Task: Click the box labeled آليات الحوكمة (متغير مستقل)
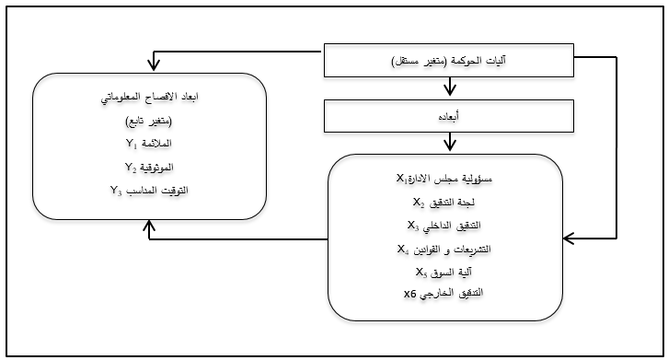pos(449,62)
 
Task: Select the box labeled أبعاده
pos(449,117)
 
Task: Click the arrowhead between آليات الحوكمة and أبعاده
pos(449,91)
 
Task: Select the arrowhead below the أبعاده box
pos(449,144)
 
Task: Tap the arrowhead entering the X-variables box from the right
pos(570,238)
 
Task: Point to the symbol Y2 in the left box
pos(131,168)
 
